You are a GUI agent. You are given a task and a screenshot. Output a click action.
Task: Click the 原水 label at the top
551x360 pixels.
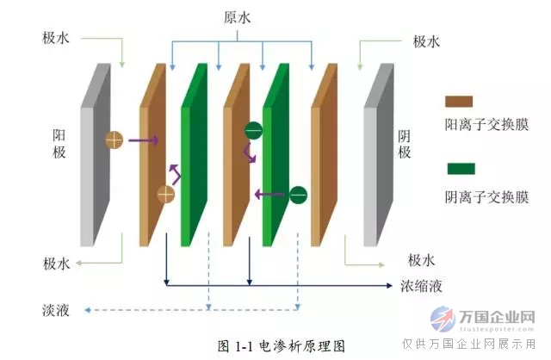coord(238,17)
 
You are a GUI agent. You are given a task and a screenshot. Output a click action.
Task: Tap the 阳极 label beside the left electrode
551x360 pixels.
coord(59,144)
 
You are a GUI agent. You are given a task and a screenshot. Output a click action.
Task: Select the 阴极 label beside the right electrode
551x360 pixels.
coord(405,145)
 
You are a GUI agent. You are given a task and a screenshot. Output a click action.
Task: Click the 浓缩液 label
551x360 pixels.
coord(421,286)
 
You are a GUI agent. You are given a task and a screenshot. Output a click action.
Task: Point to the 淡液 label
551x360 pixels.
coord(56,310)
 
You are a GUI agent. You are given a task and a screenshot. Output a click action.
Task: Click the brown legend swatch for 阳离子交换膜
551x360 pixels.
coord(459,102)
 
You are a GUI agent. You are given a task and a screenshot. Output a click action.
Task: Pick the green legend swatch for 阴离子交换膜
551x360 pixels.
coord(461,169)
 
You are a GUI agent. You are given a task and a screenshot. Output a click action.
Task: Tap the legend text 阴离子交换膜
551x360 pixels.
coord(486,197)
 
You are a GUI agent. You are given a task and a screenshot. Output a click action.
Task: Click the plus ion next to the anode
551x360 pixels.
coord(115,140)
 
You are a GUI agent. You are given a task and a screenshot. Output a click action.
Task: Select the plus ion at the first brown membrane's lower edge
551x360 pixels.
coord(165,195)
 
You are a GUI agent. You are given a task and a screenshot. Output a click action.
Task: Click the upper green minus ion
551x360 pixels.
coord(254,131)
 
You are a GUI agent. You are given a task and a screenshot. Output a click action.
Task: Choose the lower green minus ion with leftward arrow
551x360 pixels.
coord(298,195)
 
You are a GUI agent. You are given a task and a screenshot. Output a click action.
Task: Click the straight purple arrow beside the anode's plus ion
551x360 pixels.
coord(144,140)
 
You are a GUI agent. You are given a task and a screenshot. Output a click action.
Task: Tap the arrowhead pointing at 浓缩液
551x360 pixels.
coord(389,285)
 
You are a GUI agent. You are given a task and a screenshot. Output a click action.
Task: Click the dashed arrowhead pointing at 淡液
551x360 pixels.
coord(88,310)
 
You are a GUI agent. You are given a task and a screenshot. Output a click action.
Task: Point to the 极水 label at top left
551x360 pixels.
coord(56,38)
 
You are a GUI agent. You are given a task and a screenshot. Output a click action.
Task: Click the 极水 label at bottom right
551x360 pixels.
coord(421,260)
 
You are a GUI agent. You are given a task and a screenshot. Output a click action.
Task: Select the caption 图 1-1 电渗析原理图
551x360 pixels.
coord(282,346)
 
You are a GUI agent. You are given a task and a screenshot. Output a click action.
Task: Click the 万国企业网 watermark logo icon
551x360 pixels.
coord(442,319)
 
